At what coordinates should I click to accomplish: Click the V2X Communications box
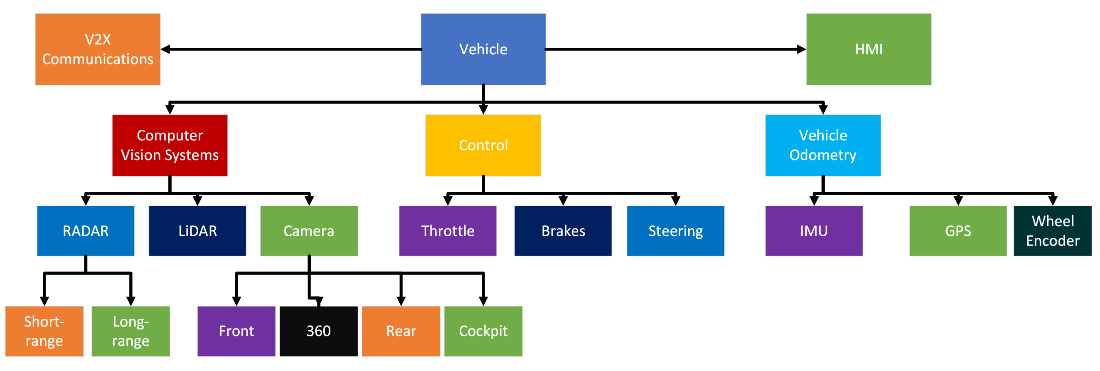click(97, 49)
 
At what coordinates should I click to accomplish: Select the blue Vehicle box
click(483, 49)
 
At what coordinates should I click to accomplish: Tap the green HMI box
click(868, 49)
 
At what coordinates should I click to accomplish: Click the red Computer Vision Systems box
click(170, 145)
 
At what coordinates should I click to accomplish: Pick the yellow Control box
click(483, 145)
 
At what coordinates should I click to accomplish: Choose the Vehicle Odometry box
click(823, 145)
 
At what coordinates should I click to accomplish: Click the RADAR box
click(85, 231)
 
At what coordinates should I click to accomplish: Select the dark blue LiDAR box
click(197, 231)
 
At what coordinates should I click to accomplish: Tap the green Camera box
click(309, 231)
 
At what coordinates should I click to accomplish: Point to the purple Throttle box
click(447, 231)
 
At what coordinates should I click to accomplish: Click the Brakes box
click(563, 231)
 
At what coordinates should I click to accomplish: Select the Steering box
click(675, 231)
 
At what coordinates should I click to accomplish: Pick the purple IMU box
click(813, 231)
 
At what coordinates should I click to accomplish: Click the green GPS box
click(958, 231)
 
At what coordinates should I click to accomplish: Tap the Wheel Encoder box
click(1053, 231)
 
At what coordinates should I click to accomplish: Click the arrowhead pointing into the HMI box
click(801, 49)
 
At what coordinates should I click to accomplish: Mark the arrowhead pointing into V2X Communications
click(166, 49)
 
